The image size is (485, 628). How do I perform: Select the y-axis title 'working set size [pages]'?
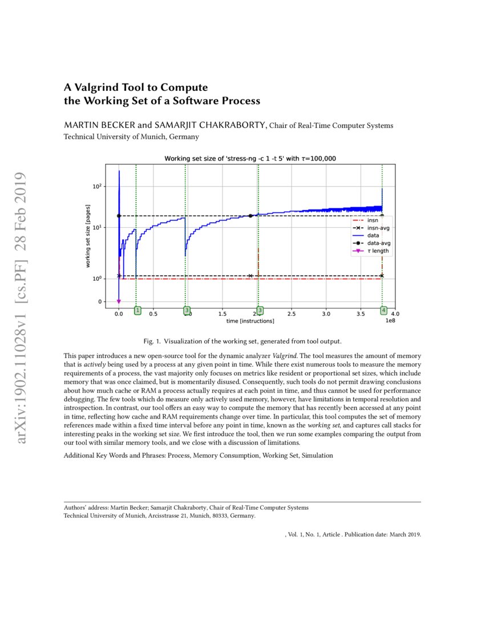coord(88,235)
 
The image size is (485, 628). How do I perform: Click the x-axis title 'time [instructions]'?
coord(251,321)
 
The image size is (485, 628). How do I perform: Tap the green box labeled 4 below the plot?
coord(383,310)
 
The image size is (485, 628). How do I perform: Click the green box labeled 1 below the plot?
coord(138,310)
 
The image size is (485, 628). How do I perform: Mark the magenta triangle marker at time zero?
coord(118,301)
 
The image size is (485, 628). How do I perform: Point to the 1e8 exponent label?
coord(390,321)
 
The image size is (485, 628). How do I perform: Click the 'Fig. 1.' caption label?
coord(152,341)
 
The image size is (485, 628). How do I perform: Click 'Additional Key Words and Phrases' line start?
coord(114,456)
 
